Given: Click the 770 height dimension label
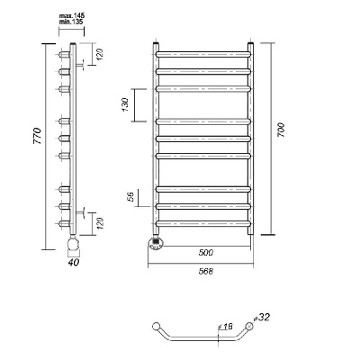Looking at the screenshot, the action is click(x=37, y=136).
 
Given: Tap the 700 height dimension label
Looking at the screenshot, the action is click(x=281, y=130).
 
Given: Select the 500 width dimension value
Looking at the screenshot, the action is click(x=206, y=253).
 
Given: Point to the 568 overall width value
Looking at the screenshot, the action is click(x=206, y=272).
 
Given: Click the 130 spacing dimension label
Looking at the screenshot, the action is click(x=125, y=105).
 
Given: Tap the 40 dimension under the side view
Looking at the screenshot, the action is click(x=74, y=262).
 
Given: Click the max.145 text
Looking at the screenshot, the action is click(x=72, y=15).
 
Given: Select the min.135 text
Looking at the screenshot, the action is click(x=71, y=22).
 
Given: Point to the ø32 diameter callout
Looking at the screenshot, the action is click(x=262, y=317).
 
